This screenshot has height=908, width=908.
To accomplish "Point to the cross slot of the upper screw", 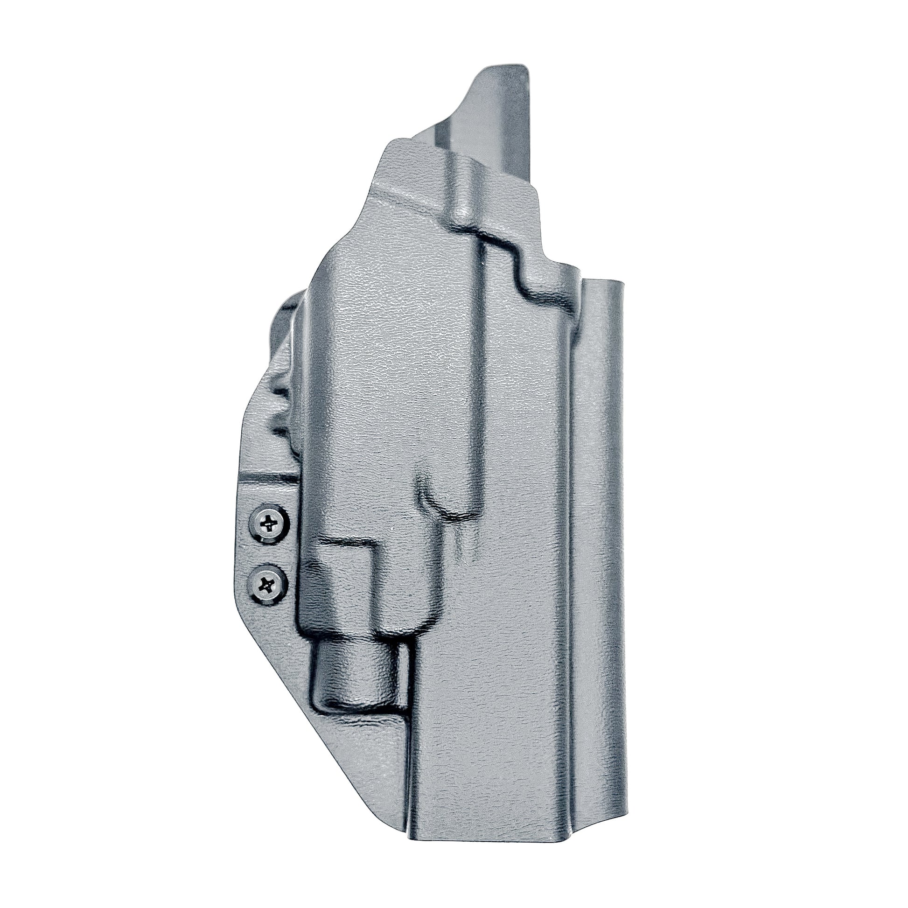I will pyautogui.click(x=269, y=523).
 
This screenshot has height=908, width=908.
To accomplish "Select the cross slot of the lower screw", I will pyautogui.click(x=267, y=585).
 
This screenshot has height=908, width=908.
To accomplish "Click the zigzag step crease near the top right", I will pyautogui.click(x=517, y=254).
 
